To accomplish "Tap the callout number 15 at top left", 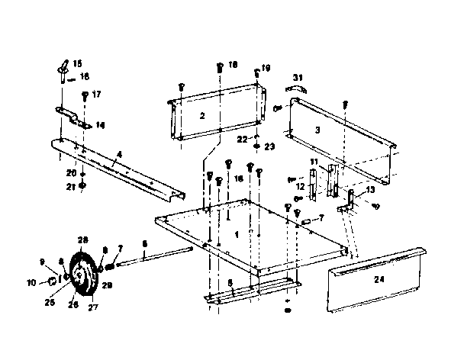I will click(78, 62).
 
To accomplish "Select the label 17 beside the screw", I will click(96, 95).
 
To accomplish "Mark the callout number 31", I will click(298, 76).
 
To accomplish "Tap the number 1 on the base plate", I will click(237, 233).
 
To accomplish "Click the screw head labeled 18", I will click(219, 68).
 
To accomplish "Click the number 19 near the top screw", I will click(266, 69).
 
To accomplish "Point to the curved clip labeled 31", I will click(295, 89).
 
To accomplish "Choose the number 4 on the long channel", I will click(118, 161).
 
